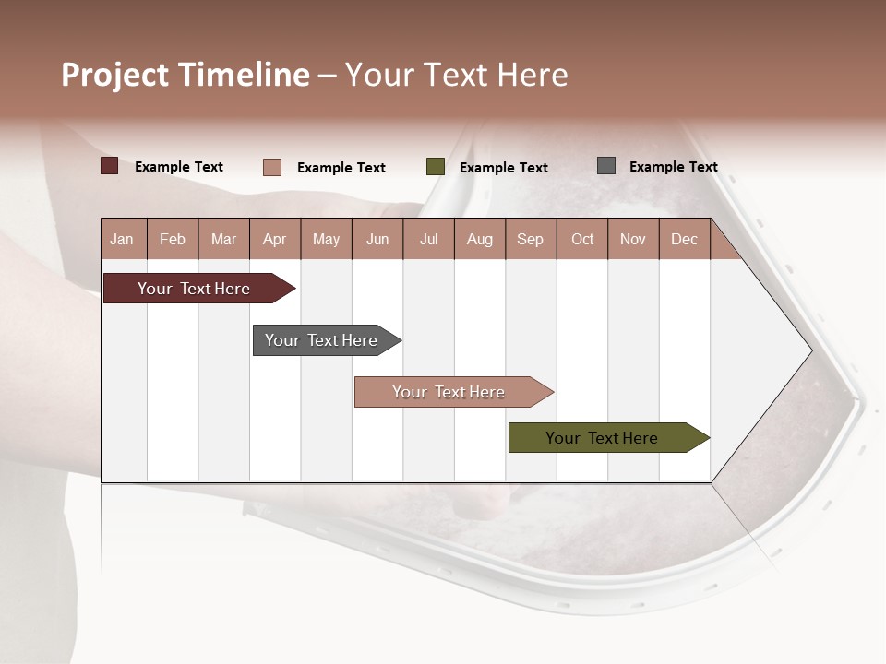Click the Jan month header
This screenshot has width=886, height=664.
point(122,239)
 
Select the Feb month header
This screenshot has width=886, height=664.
point(173,239)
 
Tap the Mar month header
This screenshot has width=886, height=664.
point(223,239)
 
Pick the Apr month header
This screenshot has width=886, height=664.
point(274,239)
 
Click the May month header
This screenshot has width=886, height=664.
point(326,239)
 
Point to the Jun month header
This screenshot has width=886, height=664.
point(377,239)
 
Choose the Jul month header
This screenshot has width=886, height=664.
point(428,239)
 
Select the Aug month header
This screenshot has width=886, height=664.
point(479,239)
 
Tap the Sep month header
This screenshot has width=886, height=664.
point(530,239)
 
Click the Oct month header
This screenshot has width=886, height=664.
point(582,239)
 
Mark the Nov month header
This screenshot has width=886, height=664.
point(633,239)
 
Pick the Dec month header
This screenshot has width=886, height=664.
point(684,239)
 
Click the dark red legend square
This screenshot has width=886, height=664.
point(109,166)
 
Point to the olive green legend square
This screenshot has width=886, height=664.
point(436,167)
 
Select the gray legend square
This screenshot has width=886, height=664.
point(606,166)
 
